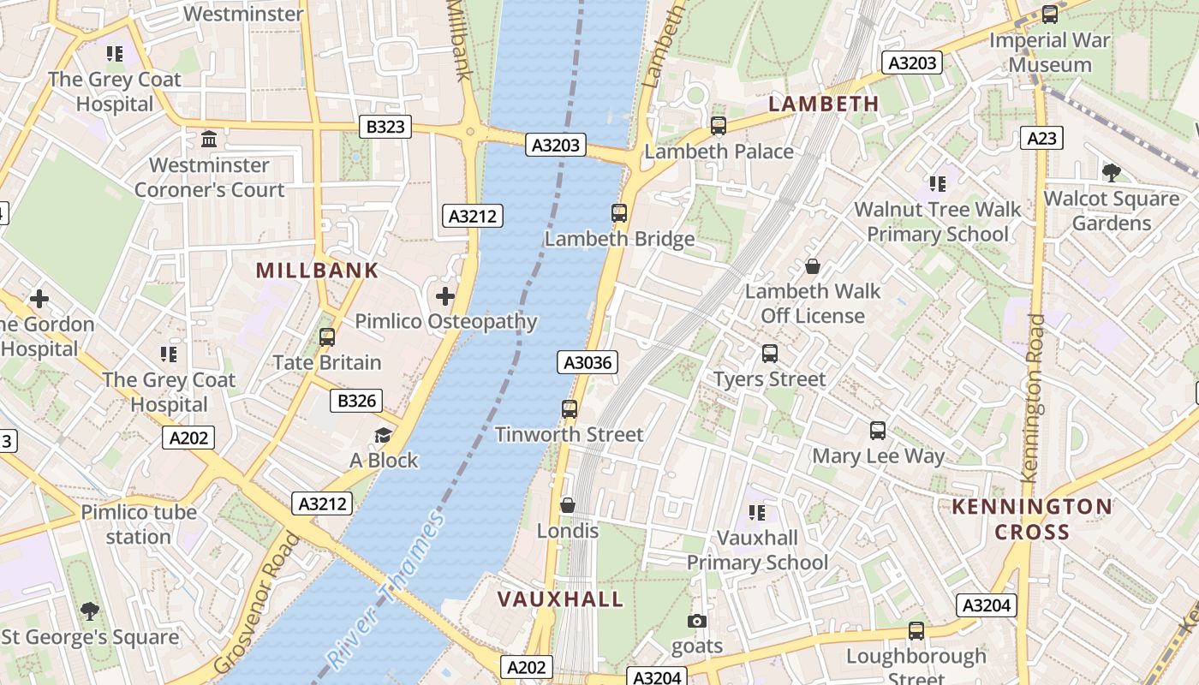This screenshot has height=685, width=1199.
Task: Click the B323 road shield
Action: tap(385, 128)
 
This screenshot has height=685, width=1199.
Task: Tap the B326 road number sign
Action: tap(356, 401)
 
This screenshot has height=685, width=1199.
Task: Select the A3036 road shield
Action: tap(588, 362)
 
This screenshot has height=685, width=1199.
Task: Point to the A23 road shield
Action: tap(1041, 137)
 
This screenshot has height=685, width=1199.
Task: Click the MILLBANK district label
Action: tap(317, 271)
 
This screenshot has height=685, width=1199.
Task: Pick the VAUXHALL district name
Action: tap(561, 599)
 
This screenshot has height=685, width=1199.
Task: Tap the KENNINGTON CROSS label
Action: tap(1032, 519)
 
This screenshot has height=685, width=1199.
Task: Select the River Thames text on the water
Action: tap(387, 590)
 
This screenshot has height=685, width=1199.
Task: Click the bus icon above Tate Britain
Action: tap(326, 337)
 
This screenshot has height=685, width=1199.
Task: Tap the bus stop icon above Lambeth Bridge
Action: tap(619, 213)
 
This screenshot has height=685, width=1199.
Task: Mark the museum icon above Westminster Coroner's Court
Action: tap(209, 139)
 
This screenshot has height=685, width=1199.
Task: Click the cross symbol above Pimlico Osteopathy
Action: tap(444, 297)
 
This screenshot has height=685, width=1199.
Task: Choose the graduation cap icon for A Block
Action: tap(383, 436)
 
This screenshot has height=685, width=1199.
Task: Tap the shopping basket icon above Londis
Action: tap(567, 505)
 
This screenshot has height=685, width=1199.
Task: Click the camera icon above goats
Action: tap(697, 621)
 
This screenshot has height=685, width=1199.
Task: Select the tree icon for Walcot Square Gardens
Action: tap(1112, 173)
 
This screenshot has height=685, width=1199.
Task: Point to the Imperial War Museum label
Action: tap(1050, 52)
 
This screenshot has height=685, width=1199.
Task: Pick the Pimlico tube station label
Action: tap(139, 524)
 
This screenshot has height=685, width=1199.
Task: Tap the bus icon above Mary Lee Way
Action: tap(878, 431)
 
